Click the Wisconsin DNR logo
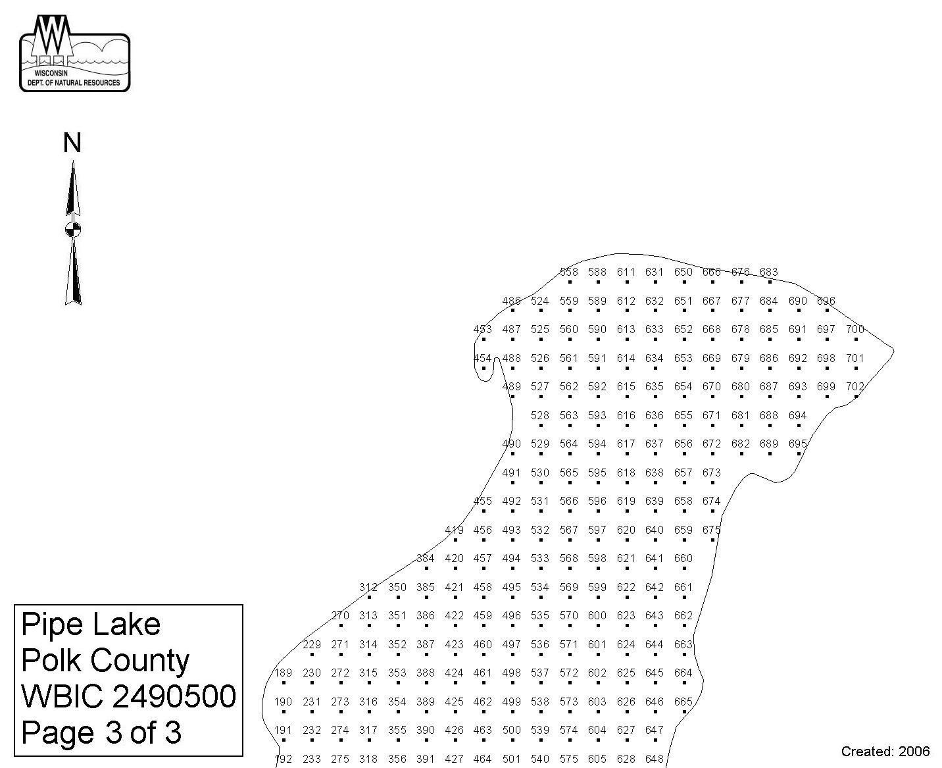(x=74, y=53)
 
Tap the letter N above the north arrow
(x=72, y=143)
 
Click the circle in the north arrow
(x=73, y=230)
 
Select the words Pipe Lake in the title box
(x=91, y=625)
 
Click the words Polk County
(x=105, y=661)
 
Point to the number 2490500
(x=174, y=696)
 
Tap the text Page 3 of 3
(x=101, y=732)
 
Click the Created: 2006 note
(x=885, y=751)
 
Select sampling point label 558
(x=569, y=272)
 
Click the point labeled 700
(x=855, y=329)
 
